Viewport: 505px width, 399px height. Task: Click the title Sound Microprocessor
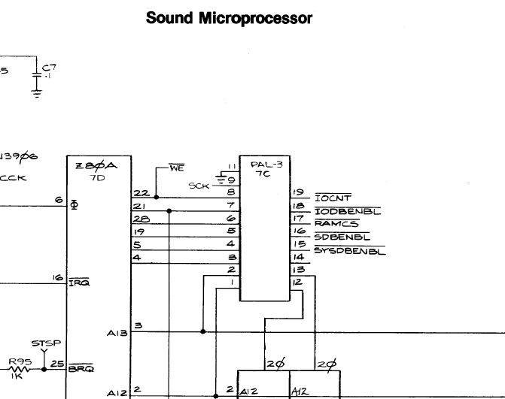[x=229, y=18]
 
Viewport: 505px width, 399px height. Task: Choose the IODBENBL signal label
[x=346, y=211]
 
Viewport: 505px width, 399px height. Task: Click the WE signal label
[x=176, y=169]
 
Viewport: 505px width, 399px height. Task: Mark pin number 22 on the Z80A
[x=140, y=193]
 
